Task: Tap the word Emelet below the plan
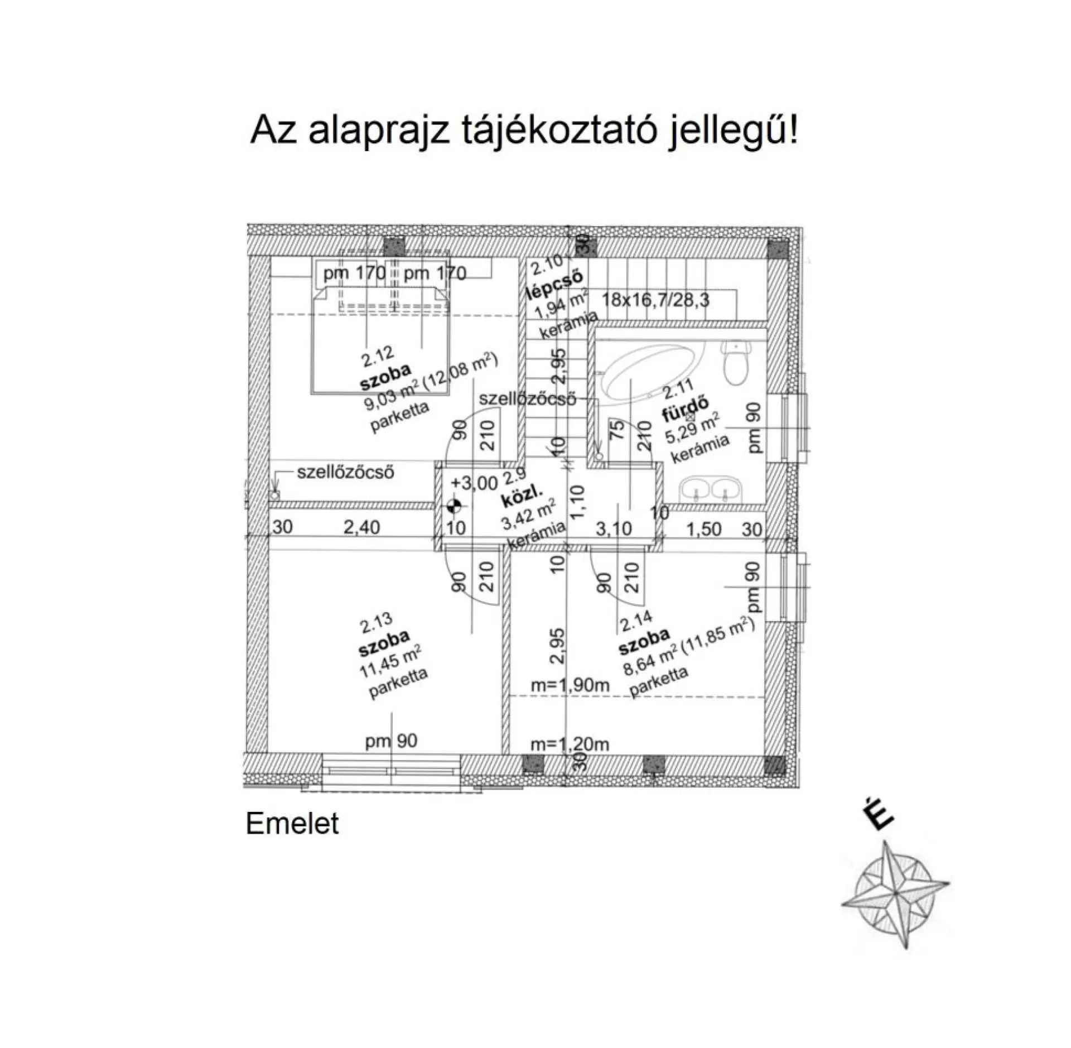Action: pyautogui.click(x=292, y=824)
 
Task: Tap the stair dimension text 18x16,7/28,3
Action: pyautogui.click(x=655, y=300)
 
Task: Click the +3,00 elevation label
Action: pyautogui.click(x=474, y=483)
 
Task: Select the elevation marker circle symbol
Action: pyautogui.click(x=454, y=507)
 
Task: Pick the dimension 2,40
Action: pyautogui.click(x=361, y=527)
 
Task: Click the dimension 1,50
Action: pyautogui.click(x=703, y=529)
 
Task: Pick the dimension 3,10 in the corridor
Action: pyautogui.click(x=614, y=528)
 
